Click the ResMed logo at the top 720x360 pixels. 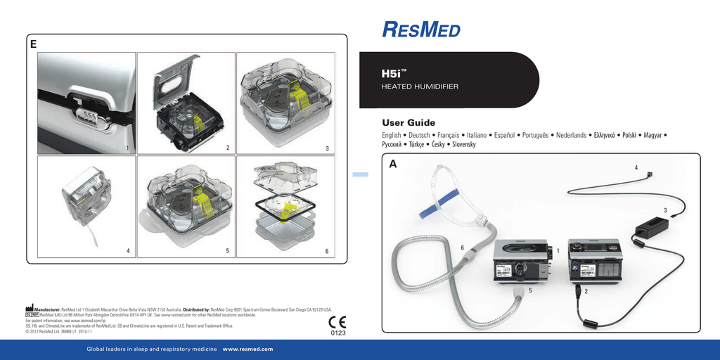point(421,30)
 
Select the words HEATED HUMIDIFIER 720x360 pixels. point(419,86)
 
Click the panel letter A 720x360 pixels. point(392,163)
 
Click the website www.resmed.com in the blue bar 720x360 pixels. point(247,349)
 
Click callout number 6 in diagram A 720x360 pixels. point(462,247)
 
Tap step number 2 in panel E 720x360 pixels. point(228,148)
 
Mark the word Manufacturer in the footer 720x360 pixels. point(51,309)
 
